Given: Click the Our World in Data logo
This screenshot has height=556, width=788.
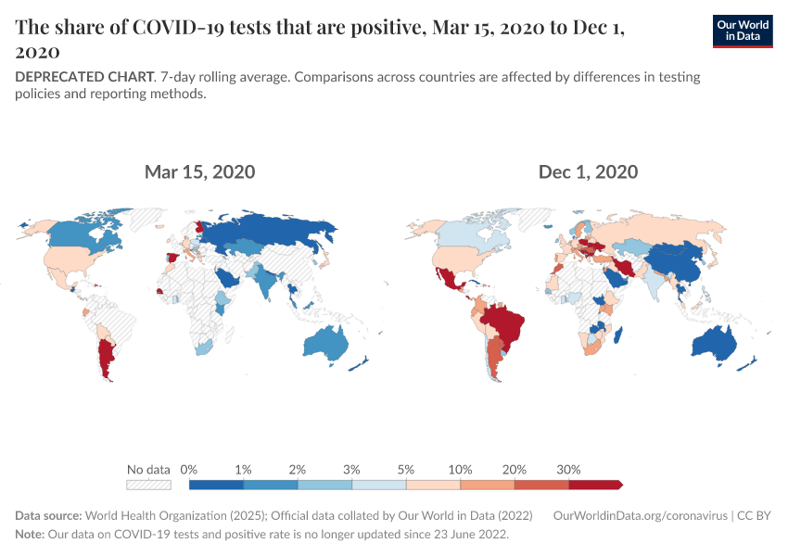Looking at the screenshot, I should pyautogui.click(x=742, y=31).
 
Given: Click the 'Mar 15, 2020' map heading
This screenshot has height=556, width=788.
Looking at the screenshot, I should pyautogui.click(x=199, y=172).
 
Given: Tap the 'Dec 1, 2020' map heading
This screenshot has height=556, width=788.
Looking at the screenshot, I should pyautogui.click(x=588, y=172).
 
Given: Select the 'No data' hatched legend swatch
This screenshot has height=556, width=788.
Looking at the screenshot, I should pyautogui.click(x=149, y=484).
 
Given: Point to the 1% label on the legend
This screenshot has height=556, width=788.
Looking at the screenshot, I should pyautogui.click(x=244, y=469).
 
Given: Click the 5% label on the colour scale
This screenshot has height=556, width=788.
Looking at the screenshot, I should pyautogui.click(x=406, y=469).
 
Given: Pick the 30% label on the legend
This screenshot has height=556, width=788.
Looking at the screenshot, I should pyautogui.click(x=568, y=469).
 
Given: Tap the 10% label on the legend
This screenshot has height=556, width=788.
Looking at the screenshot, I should pyautogui.click(x=461, y=469).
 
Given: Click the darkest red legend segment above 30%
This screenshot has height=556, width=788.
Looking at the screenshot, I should pyautogui.click(x=593, y=484).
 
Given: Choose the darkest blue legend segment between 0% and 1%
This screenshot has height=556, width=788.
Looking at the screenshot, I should pyautogui.click(x=216, y=484).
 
